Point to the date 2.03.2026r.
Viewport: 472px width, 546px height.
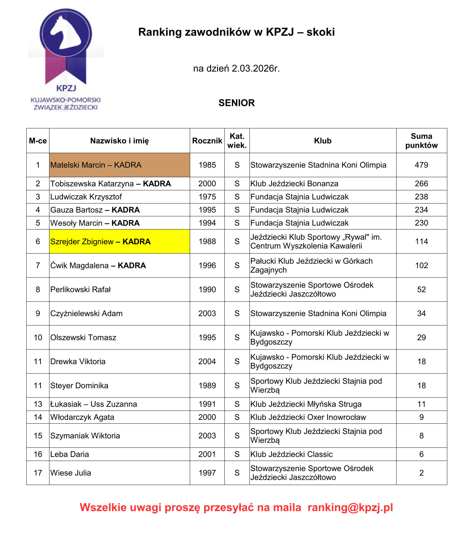(x=256, y=68)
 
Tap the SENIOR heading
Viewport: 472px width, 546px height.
(x=236, y=103)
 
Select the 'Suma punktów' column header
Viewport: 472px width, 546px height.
(x=421, y=141)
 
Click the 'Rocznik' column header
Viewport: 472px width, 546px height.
(x=207, y=141)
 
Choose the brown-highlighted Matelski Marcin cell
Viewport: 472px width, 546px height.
(x=119, y=165)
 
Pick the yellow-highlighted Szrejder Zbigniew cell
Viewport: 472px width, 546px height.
(x=119, y=241)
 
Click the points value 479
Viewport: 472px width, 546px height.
(x=421, y=165)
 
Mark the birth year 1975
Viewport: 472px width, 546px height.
(x=207, y=197)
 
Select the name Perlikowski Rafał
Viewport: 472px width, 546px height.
(x=81, y=290)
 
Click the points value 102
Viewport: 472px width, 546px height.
(x=421, y=265)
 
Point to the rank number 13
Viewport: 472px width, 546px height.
(x=38, y=404)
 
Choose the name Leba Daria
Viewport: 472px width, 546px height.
(x=70, y=454)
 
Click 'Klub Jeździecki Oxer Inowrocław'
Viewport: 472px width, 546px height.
(x=308, y=417)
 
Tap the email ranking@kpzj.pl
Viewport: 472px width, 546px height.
(x=350, y=507)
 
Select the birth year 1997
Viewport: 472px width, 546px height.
(x=207, y=473)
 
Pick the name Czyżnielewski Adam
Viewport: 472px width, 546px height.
(x=86, y=314)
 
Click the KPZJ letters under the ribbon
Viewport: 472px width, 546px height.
(x=66, y=88)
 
